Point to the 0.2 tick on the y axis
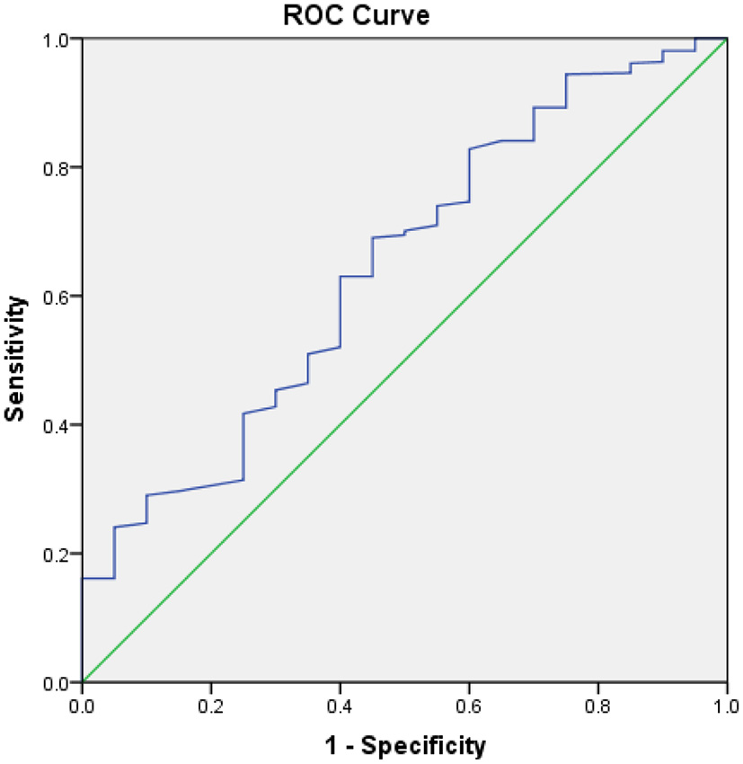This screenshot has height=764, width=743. (59, 554)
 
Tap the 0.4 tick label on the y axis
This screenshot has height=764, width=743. (59, 425)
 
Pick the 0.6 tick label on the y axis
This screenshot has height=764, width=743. (59, 297)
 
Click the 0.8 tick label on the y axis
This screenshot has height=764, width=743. (59, 168)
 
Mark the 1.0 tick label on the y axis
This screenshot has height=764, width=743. (59, 40)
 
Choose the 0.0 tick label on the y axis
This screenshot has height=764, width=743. (59, 682)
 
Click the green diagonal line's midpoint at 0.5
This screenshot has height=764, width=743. (404, 360)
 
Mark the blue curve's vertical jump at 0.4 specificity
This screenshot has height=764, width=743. (340, 312)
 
